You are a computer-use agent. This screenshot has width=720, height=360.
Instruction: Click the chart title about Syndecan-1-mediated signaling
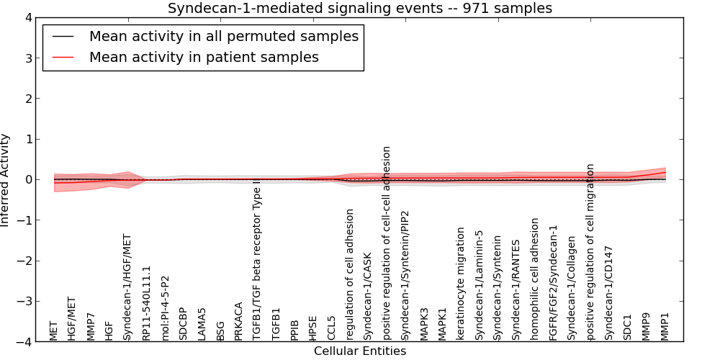(x=360, y=9)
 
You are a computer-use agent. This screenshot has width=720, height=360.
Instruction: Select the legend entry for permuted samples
(x=223, y=36)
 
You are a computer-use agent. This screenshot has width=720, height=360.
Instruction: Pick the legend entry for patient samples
(x=204, y=57)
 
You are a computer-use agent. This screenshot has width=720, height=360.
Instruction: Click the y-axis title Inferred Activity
(x=6, y=180)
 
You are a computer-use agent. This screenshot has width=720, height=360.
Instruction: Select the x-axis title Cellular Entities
(x=360, y=351)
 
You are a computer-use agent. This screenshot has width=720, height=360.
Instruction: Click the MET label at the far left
(x=54, y=330)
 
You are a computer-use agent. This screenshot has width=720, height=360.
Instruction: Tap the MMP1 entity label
(x=665, y=326)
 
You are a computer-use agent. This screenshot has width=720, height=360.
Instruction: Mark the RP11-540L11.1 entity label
(x=146, y=303)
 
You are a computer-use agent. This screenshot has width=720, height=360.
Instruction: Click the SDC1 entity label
(x=628, y=328)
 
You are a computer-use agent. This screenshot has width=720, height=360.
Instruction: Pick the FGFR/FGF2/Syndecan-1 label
(x=553, y=282)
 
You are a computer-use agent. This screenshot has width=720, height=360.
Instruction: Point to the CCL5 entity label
(x=331, y=328)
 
